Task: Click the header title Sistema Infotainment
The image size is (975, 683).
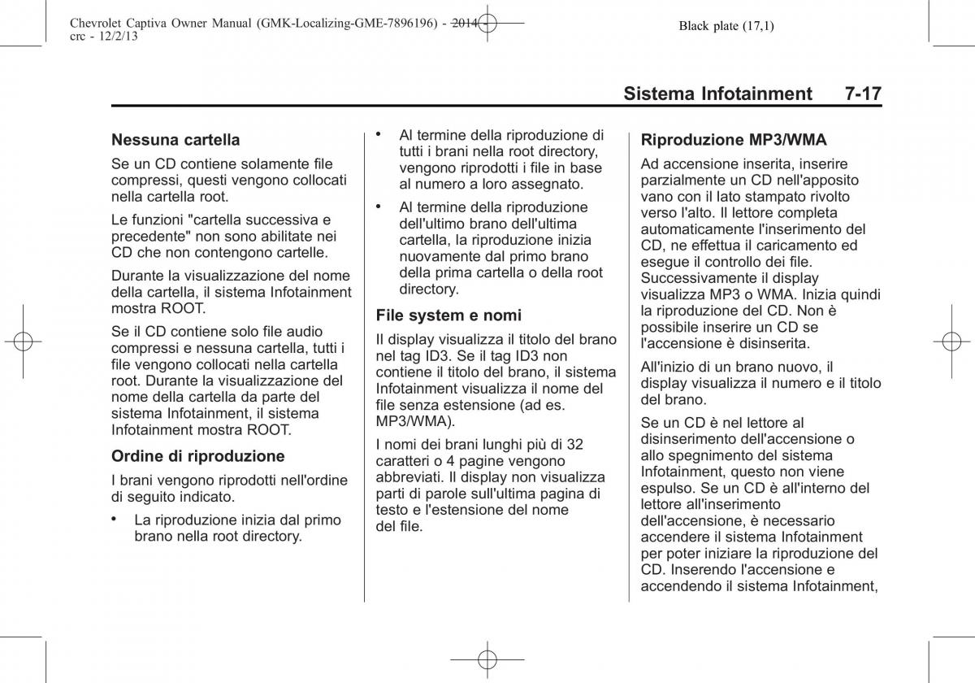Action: [717, 94]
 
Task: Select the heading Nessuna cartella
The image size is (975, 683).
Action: [175, 140]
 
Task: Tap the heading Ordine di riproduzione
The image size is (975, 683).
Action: [198, 455]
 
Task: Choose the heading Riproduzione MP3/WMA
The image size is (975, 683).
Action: [733, 140]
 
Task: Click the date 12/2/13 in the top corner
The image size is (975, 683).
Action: [106, 37]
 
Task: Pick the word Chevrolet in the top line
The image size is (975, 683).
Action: [89, 24]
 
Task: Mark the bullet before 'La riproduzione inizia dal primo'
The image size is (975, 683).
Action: [117, 517]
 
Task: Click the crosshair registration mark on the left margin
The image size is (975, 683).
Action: [23, 341]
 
